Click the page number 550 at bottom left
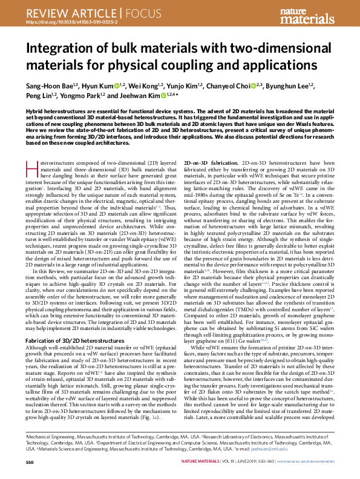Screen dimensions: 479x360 tap(30, 462)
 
